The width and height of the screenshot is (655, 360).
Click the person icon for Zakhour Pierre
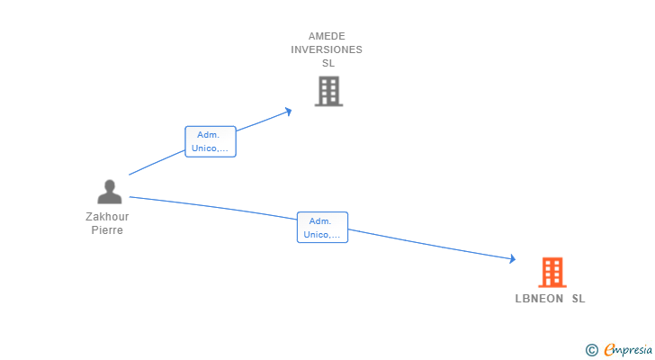point(109,193)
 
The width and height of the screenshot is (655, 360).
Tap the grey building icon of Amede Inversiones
point(328,91)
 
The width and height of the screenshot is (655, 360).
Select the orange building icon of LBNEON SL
point(552,272)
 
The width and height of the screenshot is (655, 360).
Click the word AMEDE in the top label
point(327,37)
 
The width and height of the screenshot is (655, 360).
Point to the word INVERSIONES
point(327,50)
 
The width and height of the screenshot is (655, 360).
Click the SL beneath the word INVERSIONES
point(327,64)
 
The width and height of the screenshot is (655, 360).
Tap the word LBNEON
point(540,299)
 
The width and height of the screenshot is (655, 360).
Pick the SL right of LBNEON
point(579,299)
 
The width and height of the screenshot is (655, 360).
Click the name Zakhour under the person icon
point(107,217)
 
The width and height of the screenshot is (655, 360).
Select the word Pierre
point(107,230)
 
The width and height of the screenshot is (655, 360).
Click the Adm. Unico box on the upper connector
point(211,141)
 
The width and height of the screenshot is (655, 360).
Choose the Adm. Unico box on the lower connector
point(322,228)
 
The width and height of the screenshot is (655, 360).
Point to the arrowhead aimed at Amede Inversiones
point(289,111)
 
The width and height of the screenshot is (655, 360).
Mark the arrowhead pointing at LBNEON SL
point(513,259)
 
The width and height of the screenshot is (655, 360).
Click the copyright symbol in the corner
point(591,350)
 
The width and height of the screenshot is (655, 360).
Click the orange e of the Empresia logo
point(609,350)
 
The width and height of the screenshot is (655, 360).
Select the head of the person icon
point(109,185)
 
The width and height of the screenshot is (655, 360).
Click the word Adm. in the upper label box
point(208,135)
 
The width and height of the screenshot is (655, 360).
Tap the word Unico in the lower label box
point(316,235)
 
